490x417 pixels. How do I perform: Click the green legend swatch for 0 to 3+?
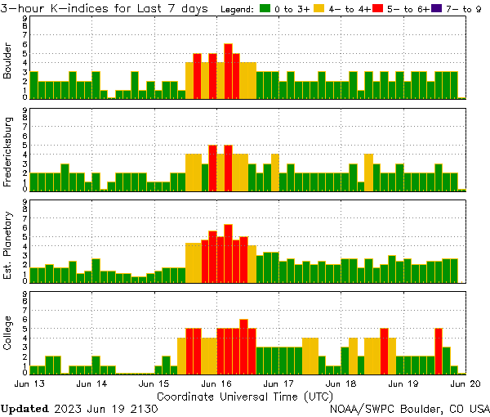pos(265,8)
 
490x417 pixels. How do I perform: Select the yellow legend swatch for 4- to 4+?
pos(318,8)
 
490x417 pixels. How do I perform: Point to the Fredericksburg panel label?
pos(7,152)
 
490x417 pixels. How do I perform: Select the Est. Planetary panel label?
pos(7,245)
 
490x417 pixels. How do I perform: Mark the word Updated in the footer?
pos(24,408)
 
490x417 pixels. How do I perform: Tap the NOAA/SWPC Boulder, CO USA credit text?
pos(410,408)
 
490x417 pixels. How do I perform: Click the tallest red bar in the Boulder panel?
pos(228,71)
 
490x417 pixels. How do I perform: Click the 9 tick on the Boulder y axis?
pos(24,17)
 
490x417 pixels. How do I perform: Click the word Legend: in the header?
pos(238,8)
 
